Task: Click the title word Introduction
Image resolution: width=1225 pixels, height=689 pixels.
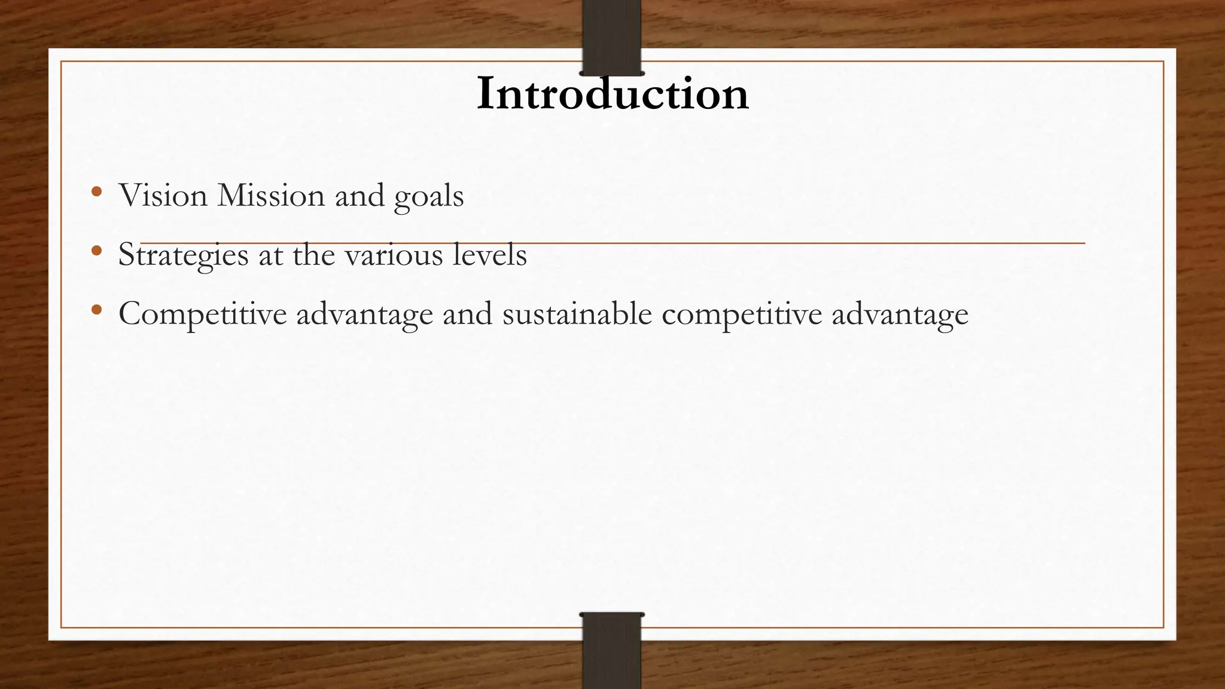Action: pos(612,94)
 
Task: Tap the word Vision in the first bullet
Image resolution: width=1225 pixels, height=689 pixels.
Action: pos(163,195)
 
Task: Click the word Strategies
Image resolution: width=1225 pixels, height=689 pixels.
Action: pos(183,255)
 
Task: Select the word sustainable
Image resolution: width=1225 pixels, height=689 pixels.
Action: pos(577,313)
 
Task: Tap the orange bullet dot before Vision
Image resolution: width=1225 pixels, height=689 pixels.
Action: pos(96,192)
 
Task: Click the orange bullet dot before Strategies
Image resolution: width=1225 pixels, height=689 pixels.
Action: pos(96,251)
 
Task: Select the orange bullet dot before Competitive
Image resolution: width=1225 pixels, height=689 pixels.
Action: pos(96,310)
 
